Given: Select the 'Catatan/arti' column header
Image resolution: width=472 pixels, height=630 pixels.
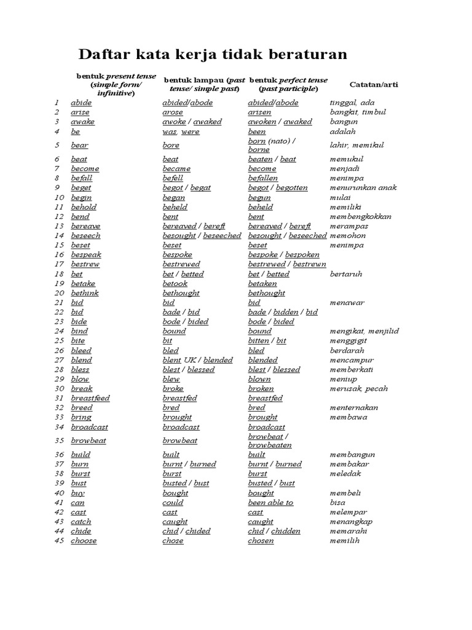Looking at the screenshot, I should click(x=374, y=84).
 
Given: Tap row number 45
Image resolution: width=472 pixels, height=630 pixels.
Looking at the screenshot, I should click(x=59, y=541).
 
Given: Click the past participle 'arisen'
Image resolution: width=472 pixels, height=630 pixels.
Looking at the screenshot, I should click(x=259, y=113).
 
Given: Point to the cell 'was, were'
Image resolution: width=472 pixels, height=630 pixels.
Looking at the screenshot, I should click(x=181, y=132).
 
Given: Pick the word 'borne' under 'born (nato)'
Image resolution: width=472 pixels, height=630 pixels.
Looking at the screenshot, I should click(x=259, y=150).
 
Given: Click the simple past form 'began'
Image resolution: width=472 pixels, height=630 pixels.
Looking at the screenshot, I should click(x=173, y=197).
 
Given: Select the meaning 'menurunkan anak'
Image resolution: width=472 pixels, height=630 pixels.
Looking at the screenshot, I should click(x=363, y=188).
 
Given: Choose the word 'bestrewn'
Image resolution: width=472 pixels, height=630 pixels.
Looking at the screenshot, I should click(x=310, y=264).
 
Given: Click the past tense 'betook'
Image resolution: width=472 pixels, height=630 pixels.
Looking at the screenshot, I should click(x=175, y=284).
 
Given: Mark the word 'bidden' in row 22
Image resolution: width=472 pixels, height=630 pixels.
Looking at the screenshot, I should click(x=286, y=312).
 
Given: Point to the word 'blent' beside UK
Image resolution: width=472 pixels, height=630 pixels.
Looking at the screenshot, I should click(x=171, y=360).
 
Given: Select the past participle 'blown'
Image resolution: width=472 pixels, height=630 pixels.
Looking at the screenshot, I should click(x=259, y=379).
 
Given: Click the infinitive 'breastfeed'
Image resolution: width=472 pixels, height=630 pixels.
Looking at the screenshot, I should click(x=90, y=398).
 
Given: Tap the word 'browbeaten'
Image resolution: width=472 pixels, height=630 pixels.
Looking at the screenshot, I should click(x=270, y=445).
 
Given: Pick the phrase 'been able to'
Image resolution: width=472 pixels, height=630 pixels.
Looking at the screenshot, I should click(x=270, y=503).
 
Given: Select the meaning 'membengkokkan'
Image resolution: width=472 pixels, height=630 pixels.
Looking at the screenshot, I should click(x=361, y=217).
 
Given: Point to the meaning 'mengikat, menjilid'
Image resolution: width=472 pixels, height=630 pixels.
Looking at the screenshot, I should click(x=364, y=331).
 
